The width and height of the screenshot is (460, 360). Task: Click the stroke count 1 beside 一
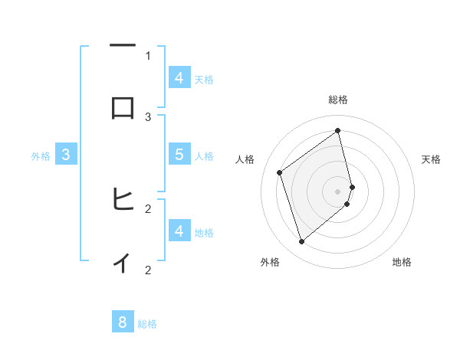point(148,55)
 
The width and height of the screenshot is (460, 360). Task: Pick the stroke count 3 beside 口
point(148,116)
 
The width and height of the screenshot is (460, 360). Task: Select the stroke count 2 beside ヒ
point(148,208)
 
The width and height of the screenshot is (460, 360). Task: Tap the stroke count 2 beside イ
point(148,270)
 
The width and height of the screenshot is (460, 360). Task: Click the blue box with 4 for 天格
point(179,77)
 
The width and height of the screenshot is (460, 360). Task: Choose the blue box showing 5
point(179,154)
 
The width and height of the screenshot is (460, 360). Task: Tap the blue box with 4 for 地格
point(179,231)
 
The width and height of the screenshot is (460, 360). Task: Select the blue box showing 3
point(66,154)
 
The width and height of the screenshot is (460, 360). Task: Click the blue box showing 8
point(123,322)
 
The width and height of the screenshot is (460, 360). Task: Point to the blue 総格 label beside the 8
point(147,324)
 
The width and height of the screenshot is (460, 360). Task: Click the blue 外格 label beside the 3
point(41,156)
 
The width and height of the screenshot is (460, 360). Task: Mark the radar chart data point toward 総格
point(338,131)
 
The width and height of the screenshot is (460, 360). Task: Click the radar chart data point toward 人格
point(280,172)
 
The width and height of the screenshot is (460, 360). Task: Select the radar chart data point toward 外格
point(301,242)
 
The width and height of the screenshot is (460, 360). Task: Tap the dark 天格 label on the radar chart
point(431,159)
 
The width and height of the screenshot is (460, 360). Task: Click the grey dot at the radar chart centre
point(338,190)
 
